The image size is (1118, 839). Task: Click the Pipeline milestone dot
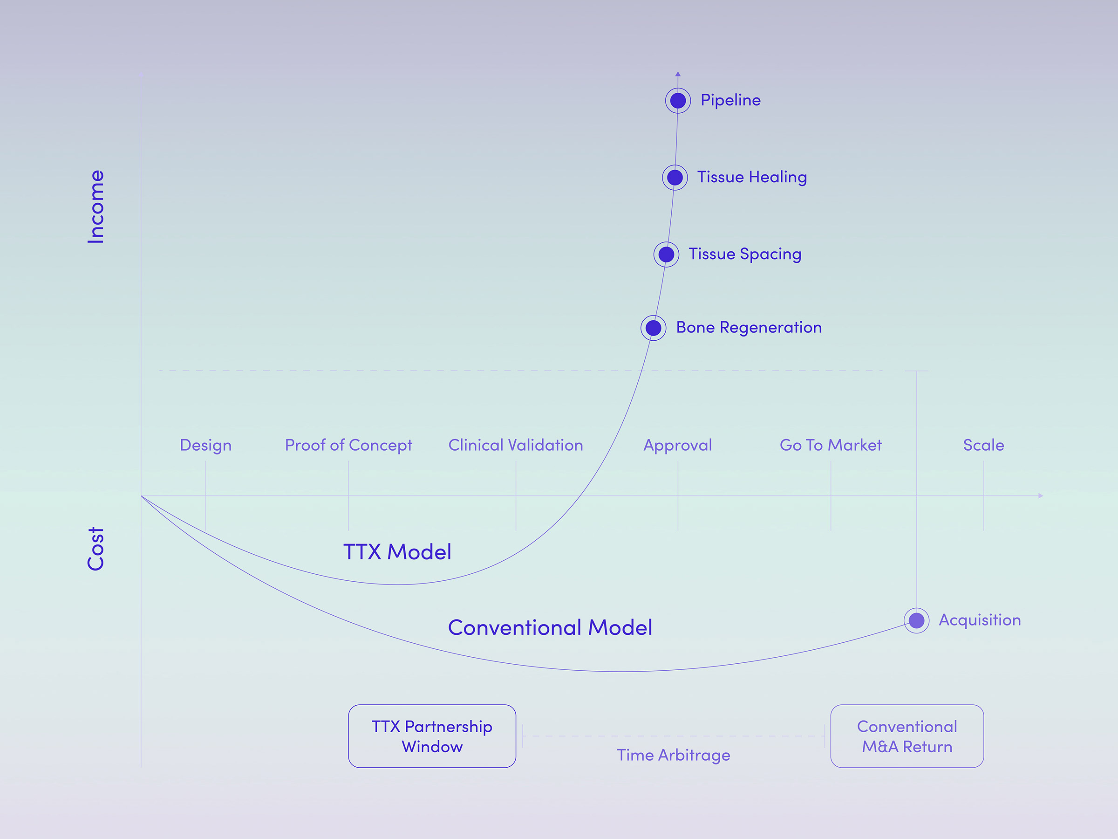pyautogui.click(x=678, y=100)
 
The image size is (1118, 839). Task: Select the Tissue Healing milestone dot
pyautogui.click(x=675, y=178)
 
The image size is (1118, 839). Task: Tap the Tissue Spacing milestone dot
pyautogui.click(x=666, y=254)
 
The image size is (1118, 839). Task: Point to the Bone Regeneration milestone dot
pyautogui.click(x=654, y=328)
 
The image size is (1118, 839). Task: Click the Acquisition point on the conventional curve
pyautogui.click(x=916, y=620)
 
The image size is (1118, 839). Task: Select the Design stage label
pyautogui.click(x=206, y=445)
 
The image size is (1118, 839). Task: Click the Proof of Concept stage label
pyautogui.click(x=348, y=445)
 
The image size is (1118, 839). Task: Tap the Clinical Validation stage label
pyautogui.click(x=516, y=445)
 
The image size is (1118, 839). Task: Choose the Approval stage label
pyautogui.click(x=677, y=445)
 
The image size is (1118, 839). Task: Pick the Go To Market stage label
pyautogui.click(x=831, y=445)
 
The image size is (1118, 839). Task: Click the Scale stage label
pyautogui.click(x=983, y=445)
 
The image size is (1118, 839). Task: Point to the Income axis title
pyautogui.click(x=95, y=206)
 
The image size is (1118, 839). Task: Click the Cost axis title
pyautogui.click(x=95, y=549)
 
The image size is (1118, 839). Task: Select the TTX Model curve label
pyautogui.click(x=397, y=552)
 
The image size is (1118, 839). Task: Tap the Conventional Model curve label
pyautogui.click(x=550, y=627)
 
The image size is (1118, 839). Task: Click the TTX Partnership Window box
pyautogui.click(x=432, y=736)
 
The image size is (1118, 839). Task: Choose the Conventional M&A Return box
pyautogui.click(x=907, y=736)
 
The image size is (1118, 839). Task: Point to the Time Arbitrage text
pyautogui.click(x=673, y=755)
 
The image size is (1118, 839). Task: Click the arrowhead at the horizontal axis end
pyautogui.click(x=1040, y=495)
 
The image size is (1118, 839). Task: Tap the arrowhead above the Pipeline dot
pyautogui.click(x=678, y=74)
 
